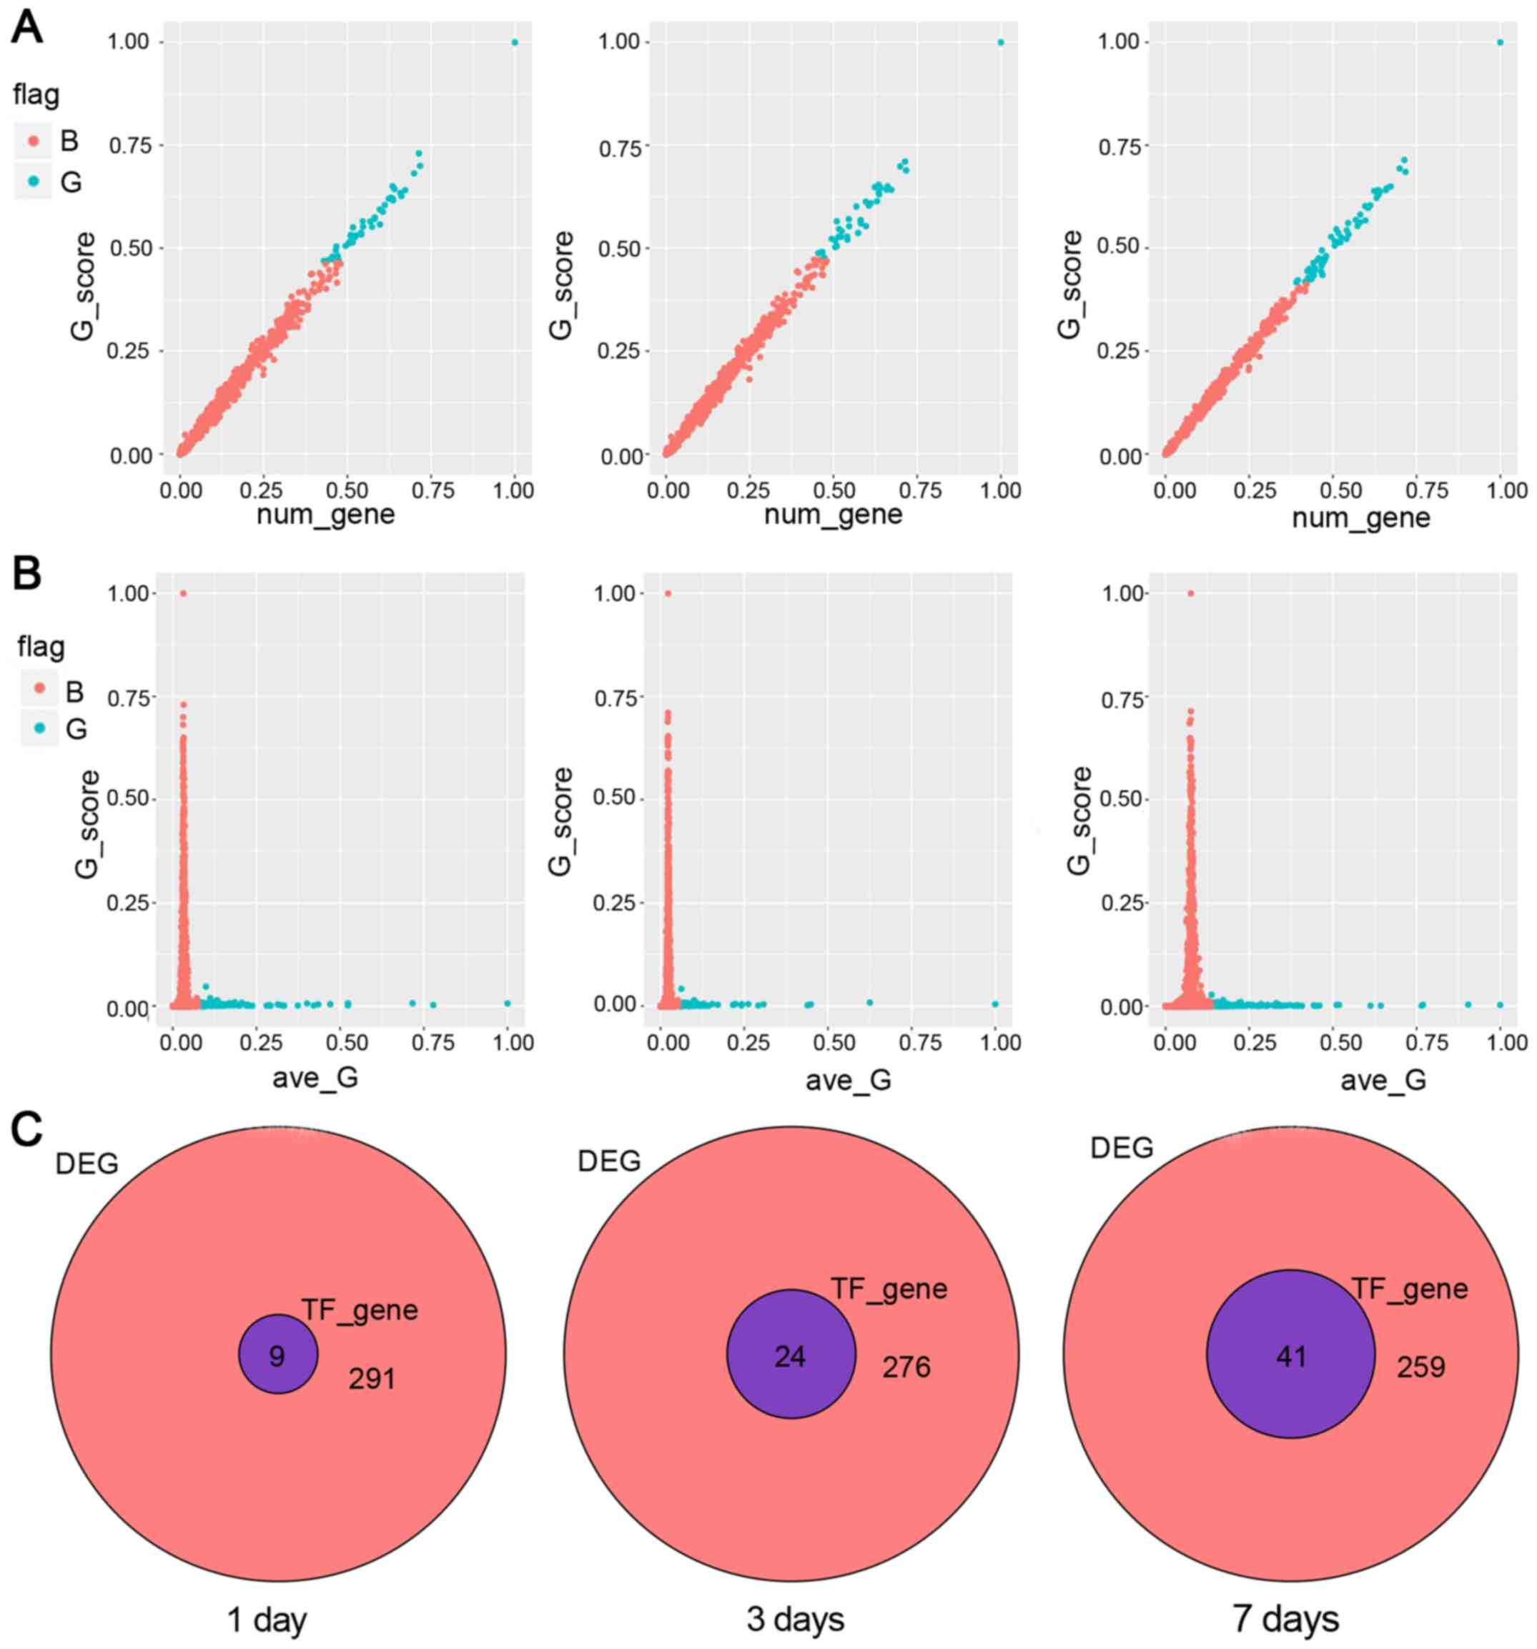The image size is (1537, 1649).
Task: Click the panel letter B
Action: [x=26, y=573]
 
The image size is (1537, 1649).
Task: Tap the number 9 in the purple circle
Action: [x=277, y=1355]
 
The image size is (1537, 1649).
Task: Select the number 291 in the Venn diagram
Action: [x=372, y=1379]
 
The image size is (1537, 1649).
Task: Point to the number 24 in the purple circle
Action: [x=790, y=1355]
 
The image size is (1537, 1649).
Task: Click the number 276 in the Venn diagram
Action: [x=906, y=1366]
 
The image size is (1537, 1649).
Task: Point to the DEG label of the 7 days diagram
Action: [x=1122, y=1149]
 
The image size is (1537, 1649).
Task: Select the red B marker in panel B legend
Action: [x=40, y=689]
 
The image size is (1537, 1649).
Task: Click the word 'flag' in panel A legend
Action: [x=36, y=94]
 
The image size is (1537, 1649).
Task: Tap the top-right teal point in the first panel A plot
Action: [x=514, y=42]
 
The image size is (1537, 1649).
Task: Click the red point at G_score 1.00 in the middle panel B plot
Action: [x=668, y=593]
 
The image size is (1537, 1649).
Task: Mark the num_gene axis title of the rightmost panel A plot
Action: [x=1360, y=518]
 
